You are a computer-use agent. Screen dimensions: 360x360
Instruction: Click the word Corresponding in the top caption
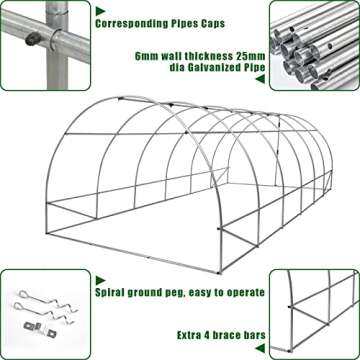[x=144, y=17]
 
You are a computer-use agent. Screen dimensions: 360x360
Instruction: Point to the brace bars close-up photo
[x=314, y=310]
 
